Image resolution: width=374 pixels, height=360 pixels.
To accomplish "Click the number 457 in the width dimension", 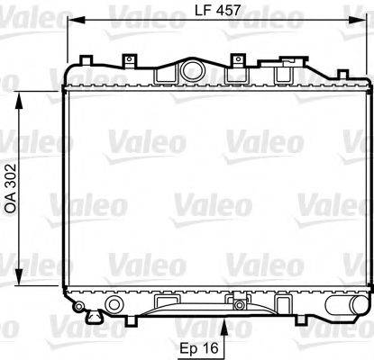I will tap(232, 12).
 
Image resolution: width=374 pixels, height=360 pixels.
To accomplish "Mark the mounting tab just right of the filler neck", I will tap(237, 60).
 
